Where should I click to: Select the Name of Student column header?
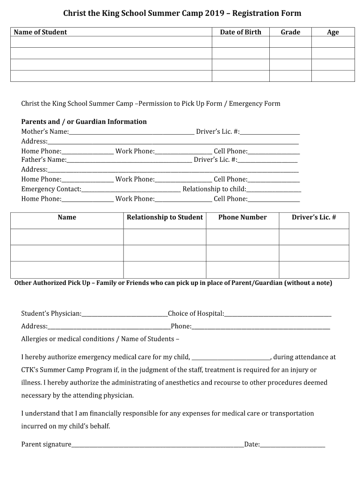[40, 32]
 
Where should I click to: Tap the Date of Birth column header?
[240, 32]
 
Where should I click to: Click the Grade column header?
[290, 32]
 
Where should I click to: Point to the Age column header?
[333, 32]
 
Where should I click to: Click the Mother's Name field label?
[45, 132]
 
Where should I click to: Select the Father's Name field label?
[44, 160]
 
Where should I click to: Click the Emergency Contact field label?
[51, 189]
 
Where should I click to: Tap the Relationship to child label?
[214, 189]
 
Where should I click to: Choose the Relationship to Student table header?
[165, 217]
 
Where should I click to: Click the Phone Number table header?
[242, 217]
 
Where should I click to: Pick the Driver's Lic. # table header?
[314, 217]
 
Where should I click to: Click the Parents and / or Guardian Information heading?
[84, 122]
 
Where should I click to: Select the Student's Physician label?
[51, 313]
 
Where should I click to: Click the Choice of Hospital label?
[196, 313]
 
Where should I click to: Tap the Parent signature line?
[157, 445]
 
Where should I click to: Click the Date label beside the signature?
[252, 444]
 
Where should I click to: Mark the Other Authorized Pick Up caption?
[173, 283]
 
